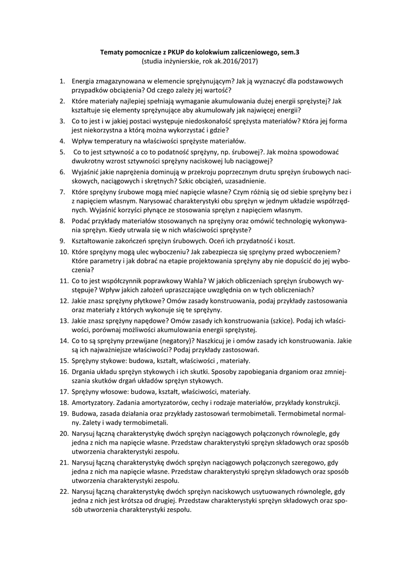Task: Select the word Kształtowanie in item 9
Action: click(95, 241)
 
